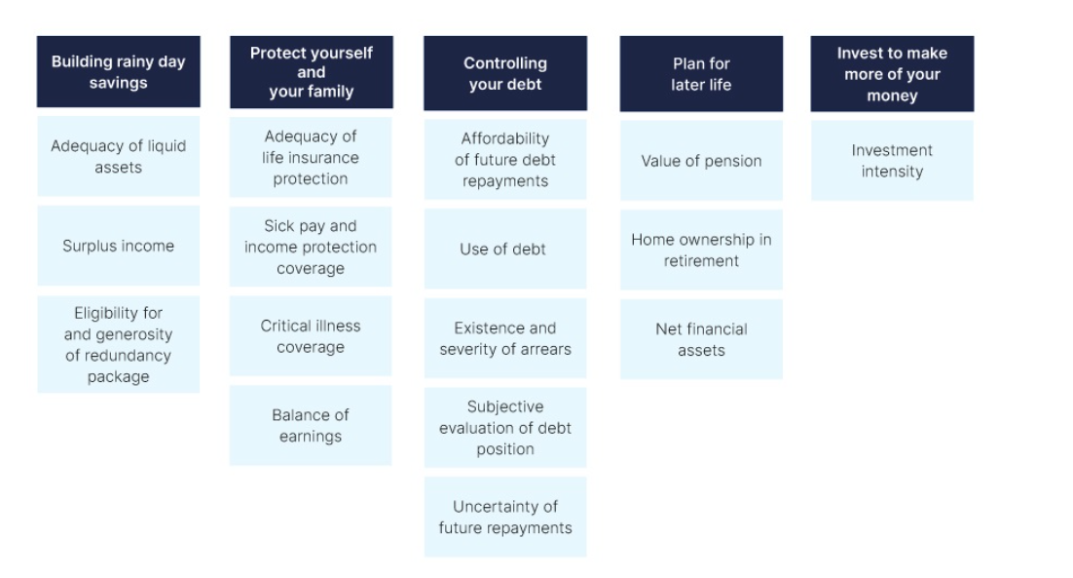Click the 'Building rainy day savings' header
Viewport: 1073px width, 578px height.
coord(119,72)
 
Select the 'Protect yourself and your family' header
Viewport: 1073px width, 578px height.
coord(312,72)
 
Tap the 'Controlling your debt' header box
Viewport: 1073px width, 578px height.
coord(505,73)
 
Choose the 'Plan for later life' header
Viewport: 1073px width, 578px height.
coord(701,74)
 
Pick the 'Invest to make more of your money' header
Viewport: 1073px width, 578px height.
coord(892,74)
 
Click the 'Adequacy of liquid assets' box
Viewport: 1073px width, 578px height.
coord(119,156)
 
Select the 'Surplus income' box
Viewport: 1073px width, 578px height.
coord(119,246)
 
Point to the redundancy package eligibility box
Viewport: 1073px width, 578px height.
coord(119,344)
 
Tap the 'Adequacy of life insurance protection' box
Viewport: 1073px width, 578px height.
coord(311,158)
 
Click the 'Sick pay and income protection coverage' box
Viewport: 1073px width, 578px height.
coord(311,247)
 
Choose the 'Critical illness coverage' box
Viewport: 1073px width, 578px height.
coord(311,336)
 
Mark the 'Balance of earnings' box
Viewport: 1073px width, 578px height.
coord(311,425)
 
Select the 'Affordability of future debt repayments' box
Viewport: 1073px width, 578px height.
coord(505,160)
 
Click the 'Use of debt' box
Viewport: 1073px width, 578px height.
coord(505,249)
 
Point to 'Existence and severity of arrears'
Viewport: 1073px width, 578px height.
coord(505,338)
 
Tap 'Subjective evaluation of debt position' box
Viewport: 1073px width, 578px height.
coord(505,428)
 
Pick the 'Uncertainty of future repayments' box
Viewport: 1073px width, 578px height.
coord(505,517)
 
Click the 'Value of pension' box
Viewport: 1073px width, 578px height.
coord(701,161)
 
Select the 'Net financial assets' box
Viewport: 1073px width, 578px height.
coord(701,339)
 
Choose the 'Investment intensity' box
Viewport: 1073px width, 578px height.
coord(892,161)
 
